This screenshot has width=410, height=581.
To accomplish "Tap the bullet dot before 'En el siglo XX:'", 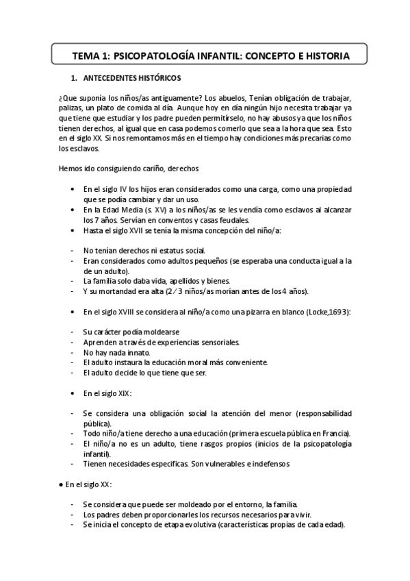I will click(x=60, y=484).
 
